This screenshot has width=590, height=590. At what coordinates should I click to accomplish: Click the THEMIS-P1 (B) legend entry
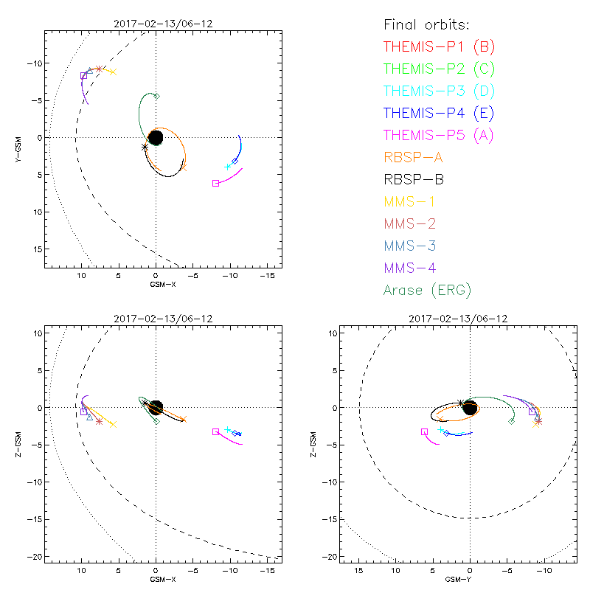[440, 46]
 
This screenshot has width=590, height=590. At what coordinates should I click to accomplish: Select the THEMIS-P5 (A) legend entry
[439, 135]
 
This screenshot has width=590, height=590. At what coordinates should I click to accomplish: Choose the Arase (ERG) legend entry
[427, 290]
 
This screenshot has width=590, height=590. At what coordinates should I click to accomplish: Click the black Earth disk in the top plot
[156, 138]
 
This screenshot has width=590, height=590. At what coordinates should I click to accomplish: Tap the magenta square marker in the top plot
[215, 183]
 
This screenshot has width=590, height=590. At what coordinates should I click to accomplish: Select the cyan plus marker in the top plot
[228, 167]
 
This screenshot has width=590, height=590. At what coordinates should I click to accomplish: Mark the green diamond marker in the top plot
[156, 96]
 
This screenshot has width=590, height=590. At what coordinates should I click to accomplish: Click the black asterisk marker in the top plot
[145, 147]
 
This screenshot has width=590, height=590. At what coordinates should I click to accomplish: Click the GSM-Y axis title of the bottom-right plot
[455, 579]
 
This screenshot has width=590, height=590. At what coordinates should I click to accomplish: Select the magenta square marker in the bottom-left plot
[215, 431]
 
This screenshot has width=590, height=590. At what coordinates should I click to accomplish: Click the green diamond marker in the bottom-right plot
[511, 421]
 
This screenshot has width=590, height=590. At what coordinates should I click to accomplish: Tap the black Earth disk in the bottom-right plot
[470, 407]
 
